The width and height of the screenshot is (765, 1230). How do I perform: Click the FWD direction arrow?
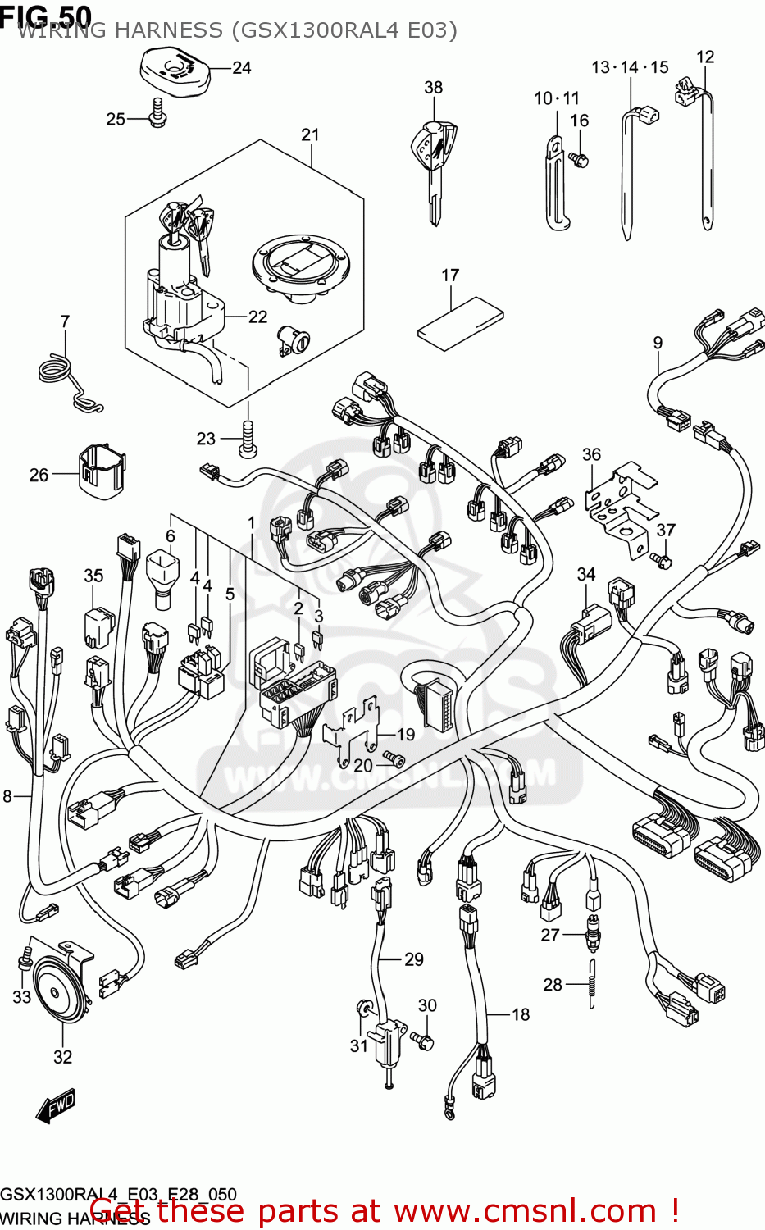point(56,1106)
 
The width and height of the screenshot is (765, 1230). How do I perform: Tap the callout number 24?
point(241,68)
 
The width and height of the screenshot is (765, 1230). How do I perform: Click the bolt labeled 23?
point(248,439)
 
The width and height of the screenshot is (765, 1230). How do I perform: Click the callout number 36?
point(591,454)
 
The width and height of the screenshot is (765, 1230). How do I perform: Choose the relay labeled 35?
point(98,626)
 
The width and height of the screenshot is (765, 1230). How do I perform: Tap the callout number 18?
point(521,1014)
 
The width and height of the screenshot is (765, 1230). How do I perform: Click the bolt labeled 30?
point(425,1040)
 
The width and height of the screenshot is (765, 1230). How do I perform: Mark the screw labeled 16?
point(579,158)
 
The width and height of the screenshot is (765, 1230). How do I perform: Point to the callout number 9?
point(658,343)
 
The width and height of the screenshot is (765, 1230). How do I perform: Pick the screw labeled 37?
point(661,559)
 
